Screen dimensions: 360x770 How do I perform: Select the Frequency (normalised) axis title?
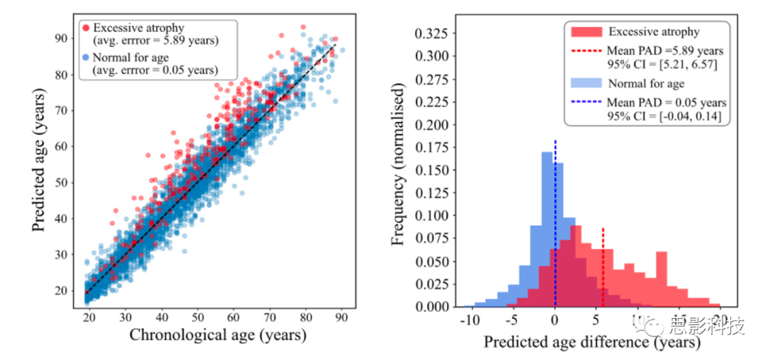click(399, 164)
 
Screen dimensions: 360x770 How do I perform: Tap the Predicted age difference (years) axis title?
click(592, 342)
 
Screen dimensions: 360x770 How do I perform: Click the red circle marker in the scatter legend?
click(86, 27)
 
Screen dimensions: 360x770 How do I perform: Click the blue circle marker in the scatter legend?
click(86, 57)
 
